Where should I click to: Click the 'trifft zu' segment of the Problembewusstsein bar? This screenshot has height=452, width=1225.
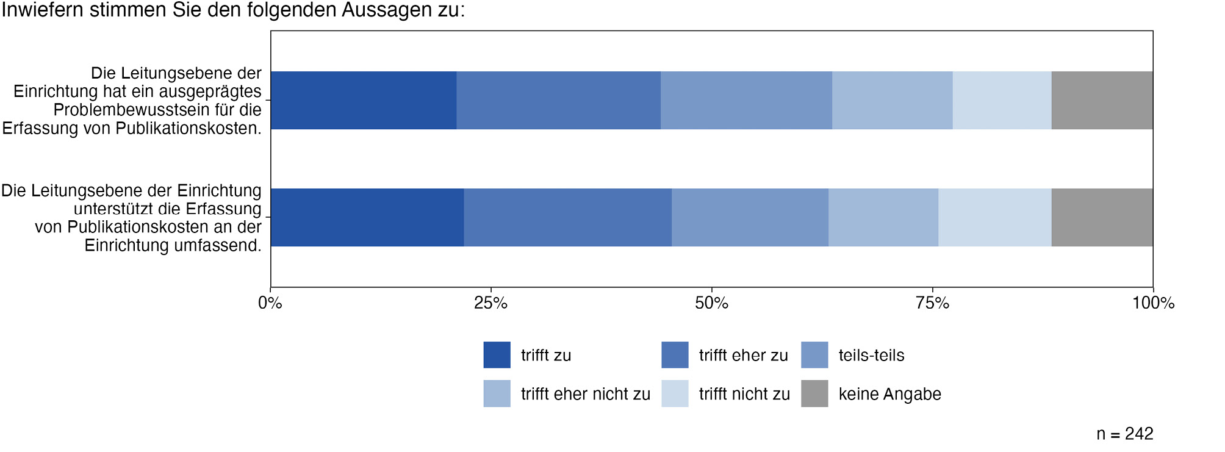(364, 100)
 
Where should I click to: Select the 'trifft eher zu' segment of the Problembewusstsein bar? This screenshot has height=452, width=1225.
(558, 100)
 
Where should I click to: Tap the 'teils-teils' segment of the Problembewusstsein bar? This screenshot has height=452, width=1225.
(746, 100)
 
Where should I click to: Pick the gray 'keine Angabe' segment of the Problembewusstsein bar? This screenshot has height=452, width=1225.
(1102, 100)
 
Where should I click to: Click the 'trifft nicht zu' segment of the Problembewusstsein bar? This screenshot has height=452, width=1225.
(1002, 100)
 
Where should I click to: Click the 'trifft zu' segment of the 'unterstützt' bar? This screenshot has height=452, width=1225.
(367, 217)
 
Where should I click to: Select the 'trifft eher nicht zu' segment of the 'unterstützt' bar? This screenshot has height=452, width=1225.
(883, 217)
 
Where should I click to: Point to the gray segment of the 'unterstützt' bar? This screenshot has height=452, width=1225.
(1102, 217)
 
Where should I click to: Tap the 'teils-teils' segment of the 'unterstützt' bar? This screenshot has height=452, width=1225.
(750, 217)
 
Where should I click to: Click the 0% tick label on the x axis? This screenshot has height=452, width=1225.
(270, 303)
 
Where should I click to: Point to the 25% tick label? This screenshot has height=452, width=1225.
(491, 303)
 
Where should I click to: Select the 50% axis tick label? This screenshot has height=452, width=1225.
(712, 303)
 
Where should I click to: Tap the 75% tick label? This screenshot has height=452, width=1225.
(933, 303)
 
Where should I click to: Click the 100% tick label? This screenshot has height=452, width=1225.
(1153, 303)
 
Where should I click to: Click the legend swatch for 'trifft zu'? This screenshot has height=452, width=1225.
(497, 355)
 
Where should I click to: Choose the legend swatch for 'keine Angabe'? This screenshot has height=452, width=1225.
(814, 393)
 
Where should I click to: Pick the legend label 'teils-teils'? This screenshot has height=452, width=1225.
(871, 356)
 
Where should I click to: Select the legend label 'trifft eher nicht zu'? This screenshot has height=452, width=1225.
(586, 394)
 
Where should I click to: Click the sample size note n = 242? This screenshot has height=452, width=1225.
(1124, 434)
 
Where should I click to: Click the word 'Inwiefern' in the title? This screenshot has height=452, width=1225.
(42, 10)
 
